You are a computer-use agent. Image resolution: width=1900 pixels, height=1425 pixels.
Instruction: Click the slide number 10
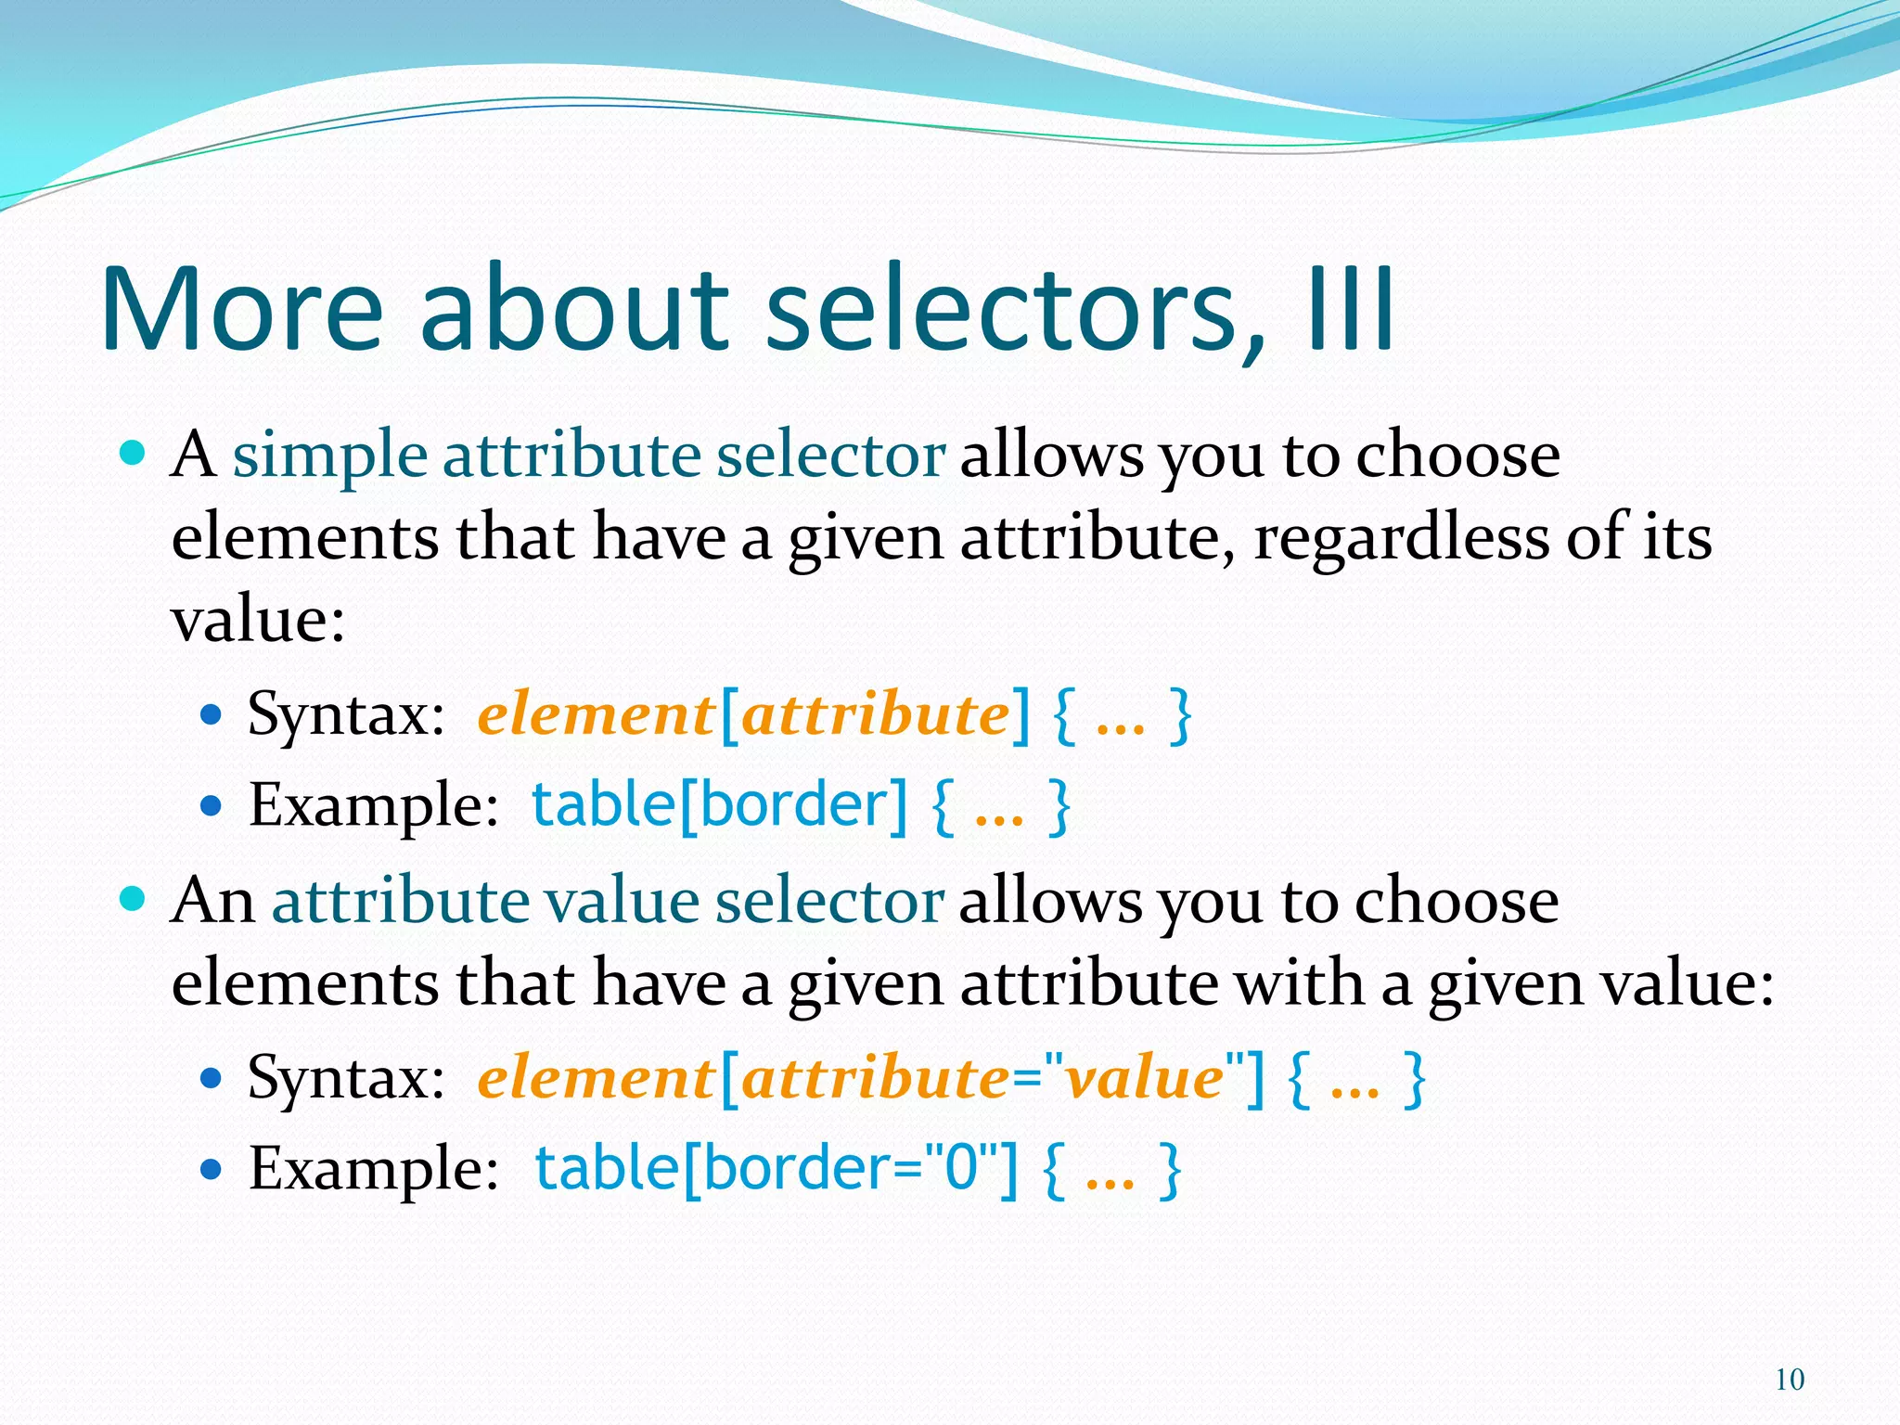pyautogui.click(x=1789, y=1380)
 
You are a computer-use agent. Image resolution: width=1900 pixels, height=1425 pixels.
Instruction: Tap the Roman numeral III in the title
pyautogui.click(x=1350, y=310)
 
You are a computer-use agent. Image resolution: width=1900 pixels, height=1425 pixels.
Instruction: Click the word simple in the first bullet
pyautogui.click(x=329, y=456)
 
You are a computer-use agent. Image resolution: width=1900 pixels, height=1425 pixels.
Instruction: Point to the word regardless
pyautogui.click(x=1401, y=537)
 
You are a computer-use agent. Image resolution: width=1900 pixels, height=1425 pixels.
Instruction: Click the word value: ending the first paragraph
pyautogui.click(x=258, y=619)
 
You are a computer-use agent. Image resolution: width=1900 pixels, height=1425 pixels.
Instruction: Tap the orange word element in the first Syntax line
pyautogui.click(x=594, y=715)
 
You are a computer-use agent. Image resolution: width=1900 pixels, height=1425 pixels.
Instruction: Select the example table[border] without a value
pyautogui.click(x=719, y=805)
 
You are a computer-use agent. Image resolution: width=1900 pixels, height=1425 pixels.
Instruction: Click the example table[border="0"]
pyautogui.click(x=776, y=1168)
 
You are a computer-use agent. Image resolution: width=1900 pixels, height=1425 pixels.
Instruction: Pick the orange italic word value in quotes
pyautogui.click(x=1143, y=1079)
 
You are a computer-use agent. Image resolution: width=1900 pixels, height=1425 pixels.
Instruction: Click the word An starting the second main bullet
pyautogui.click(x=212, y=901)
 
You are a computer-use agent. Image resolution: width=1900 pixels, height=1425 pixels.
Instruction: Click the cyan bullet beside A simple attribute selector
pyautogui.click(x=134, y=454)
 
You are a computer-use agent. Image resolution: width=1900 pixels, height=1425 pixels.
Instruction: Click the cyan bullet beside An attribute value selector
pyautogui.click(x=134, y=899)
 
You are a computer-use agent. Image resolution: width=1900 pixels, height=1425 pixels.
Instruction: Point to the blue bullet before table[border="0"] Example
pyautogui.click(x=212, y=1169)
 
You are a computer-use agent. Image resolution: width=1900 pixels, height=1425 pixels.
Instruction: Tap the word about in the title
pyautogui.click(x=575, y=310)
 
